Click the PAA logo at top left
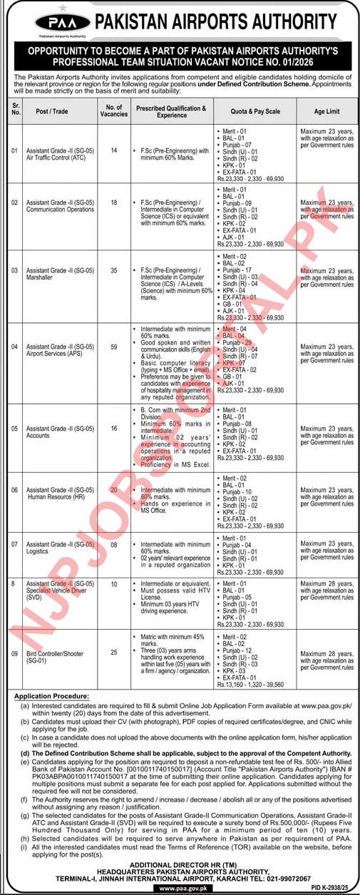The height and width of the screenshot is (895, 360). click(56, 22)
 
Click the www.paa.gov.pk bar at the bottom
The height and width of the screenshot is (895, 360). click(180, 886)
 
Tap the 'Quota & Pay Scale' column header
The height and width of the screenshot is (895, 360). click(254, 112)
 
